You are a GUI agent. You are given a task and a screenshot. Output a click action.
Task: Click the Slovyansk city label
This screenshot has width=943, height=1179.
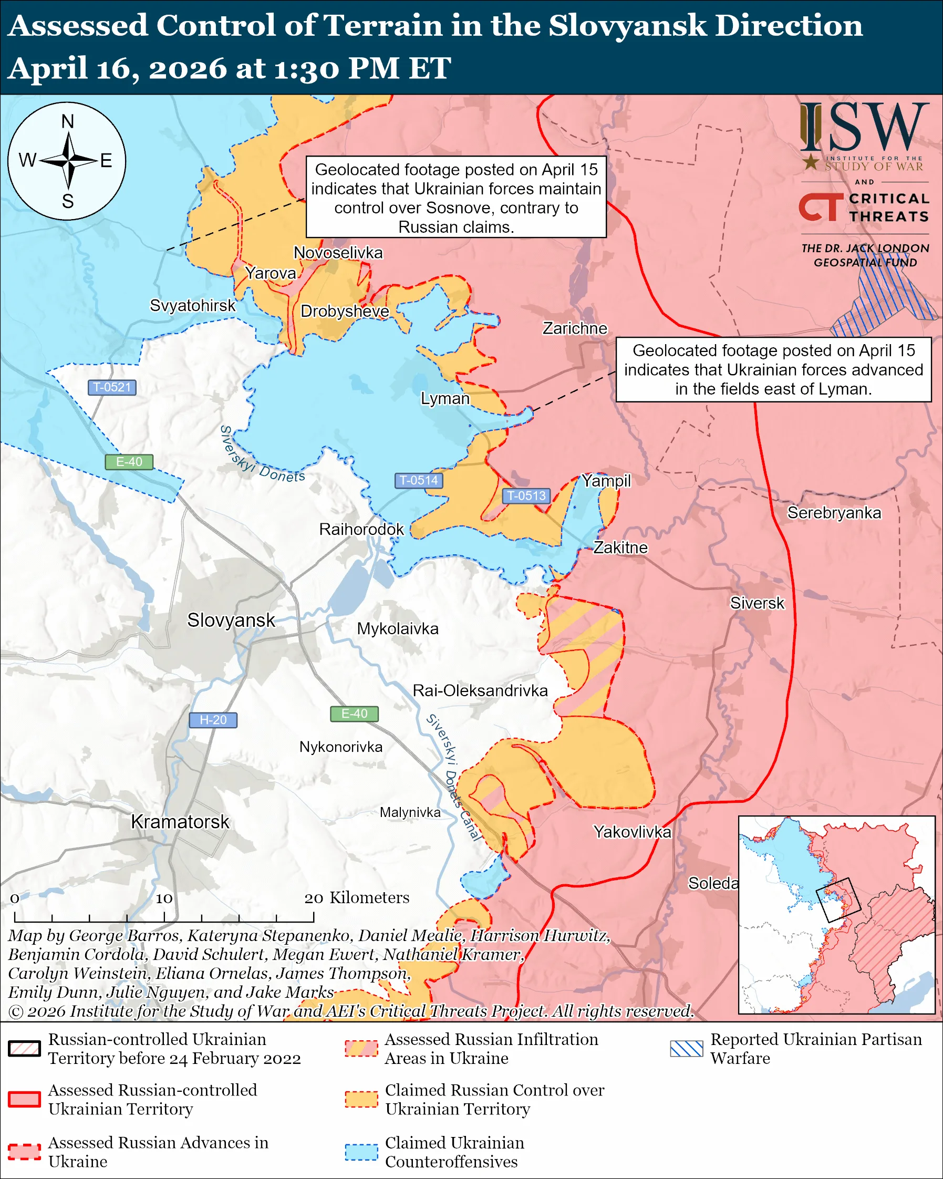(x=231, y=620)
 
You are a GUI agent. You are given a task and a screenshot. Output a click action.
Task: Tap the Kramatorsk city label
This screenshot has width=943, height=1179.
(x=180, y=821)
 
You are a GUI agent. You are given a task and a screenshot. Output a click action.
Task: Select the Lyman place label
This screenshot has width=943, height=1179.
(x=445, y=398)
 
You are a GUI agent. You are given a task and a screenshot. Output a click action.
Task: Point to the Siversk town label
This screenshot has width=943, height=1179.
(x=757, y=603)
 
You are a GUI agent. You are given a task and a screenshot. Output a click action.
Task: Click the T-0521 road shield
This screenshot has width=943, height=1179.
(x=111, y=387)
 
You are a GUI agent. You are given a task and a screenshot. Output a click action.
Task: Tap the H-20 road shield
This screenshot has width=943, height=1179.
(x=213, y=720)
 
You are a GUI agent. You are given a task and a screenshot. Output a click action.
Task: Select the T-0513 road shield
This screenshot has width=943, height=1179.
(x=526, y=495)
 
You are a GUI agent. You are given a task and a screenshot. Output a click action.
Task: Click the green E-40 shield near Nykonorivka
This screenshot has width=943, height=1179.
(x=354, y=713)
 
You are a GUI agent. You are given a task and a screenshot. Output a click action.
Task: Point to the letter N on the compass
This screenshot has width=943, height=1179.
(x=67, y=121)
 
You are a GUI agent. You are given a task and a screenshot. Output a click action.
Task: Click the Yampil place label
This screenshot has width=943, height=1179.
(x=606, y=481)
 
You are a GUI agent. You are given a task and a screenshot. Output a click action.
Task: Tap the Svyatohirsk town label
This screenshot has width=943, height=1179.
(x=192, y=305)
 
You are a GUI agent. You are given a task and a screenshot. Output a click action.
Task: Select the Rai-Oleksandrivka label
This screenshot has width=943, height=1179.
(x=480, y=691)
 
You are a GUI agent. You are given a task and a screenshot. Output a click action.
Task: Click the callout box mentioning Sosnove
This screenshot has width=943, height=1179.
(x=456, y=198)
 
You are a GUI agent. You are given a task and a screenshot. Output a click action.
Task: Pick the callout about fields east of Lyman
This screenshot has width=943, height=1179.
(x=773, y=370)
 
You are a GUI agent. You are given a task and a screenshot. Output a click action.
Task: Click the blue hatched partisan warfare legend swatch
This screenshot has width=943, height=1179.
(x=686, y=1048)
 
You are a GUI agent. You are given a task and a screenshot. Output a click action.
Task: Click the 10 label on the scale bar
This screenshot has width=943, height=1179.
(x=164, y=898)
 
